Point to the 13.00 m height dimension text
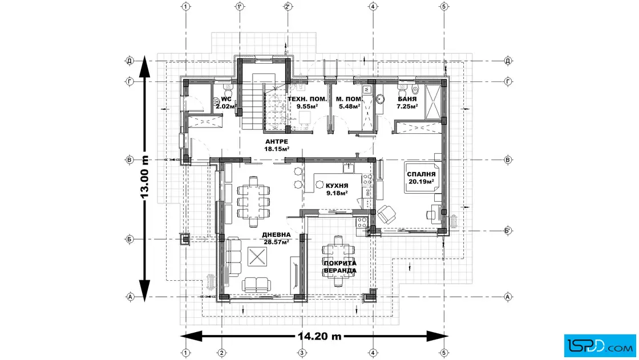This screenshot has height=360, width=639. (145, 178)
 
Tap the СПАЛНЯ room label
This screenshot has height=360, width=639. (421, 174)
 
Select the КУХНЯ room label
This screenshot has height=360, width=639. (337, 186)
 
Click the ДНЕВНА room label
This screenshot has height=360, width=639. (276, 235)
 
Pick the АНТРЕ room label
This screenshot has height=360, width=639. (277, 142)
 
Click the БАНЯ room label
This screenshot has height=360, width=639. (407, 99)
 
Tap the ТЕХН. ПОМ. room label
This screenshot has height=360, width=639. (308, 99)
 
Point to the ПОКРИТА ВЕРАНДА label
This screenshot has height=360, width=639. (340, 267)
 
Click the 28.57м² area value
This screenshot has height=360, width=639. (276, 242)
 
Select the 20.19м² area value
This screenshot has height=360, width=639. (421, 181)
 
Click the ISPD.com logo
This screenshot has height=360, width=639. (600, 346)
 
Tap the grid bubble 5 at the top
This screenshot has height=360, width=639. (444, 6)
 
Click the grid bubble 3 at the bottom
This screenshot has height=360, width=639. (302, 353)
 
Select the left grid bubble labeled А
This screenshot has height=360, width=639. (130, 297)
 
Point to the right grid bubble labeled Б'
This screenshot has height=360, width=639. (508, 231)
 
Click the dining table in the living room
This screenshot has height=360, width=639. (253, 201)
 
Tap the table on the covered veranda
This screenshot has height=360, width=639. (339, 261)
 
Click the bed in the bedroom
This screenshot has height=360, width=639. (422, 178)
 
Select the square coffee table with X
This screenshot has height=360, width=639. (257, 257)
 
